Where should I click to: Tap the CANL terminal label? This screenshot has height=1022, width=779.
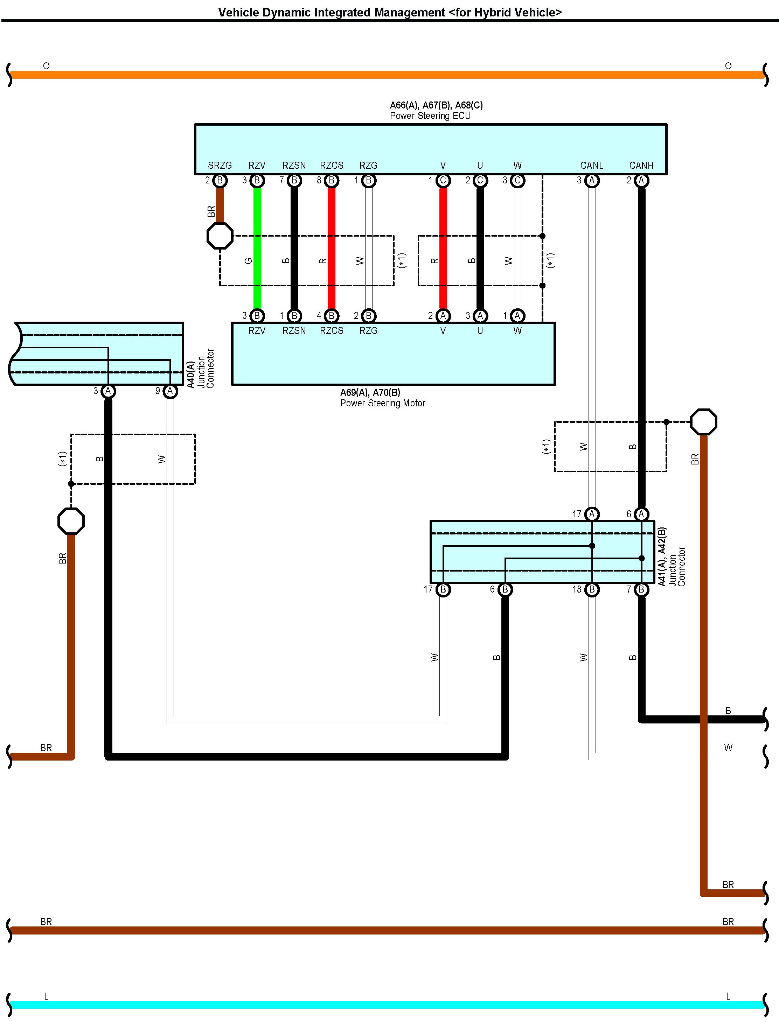(591, 166)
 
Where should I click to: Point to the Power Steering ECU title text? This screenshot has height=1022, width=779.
(430, 116)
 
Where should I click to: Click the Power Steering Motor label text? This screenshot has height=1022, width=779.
(383, 403)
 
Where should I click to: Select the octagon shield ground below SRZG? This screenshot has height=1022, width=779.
(220, 236)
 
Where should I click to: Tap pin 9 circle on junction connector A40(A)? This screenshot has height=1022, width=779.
(170, 391)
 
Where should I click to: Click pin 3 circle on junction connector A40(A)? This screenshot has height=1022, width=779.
(108, 391)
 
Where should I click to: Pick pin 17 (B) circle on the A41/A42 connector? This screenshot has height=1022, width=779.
(443, 589)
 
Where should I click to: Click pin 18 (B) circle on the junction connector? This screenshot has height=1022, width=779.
(592, 589)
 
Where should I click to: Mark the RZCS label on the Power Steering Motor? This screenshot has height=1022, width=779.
(332, 330)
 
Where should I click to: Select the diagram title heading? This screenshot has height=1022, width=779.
(389, 13)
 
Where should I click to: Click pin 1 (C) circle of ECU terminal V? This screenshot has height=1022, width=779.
(443, 180)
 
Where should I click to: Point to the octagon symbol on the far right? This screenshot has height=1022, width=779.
(703, 422)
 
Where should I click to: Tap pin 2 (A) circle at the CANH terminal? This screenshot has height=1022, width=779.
(641, 180)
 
